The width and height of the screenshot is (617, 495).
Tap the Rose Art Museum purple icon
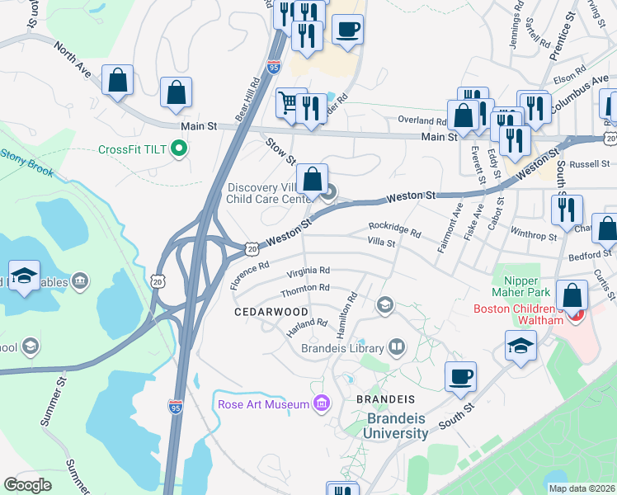tap(322, 403)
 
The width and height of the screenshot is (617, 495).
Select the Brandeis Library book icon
tap(397, 347)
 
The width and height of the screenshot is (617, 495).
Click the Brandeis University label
tap(398, 426)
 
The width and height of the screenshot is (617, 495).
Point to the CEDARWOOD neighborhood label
tap(271, 312)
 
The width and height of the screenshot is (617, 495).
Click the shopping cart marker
tap(289, 103)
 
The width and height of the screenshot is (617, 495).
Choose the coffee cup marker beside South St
tap(460, 376)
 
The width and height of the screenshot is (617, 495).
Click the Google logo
tap(27, 484)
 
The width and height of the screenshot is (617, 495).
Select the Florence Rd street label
tap(250, 275)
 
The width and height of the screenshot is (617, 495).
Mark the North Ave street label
tap(74, 62)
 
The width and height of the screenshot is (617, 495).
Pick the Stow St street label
tap(275, 150)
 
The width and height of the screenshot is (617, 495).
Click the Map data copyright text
tap(582, 488)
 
